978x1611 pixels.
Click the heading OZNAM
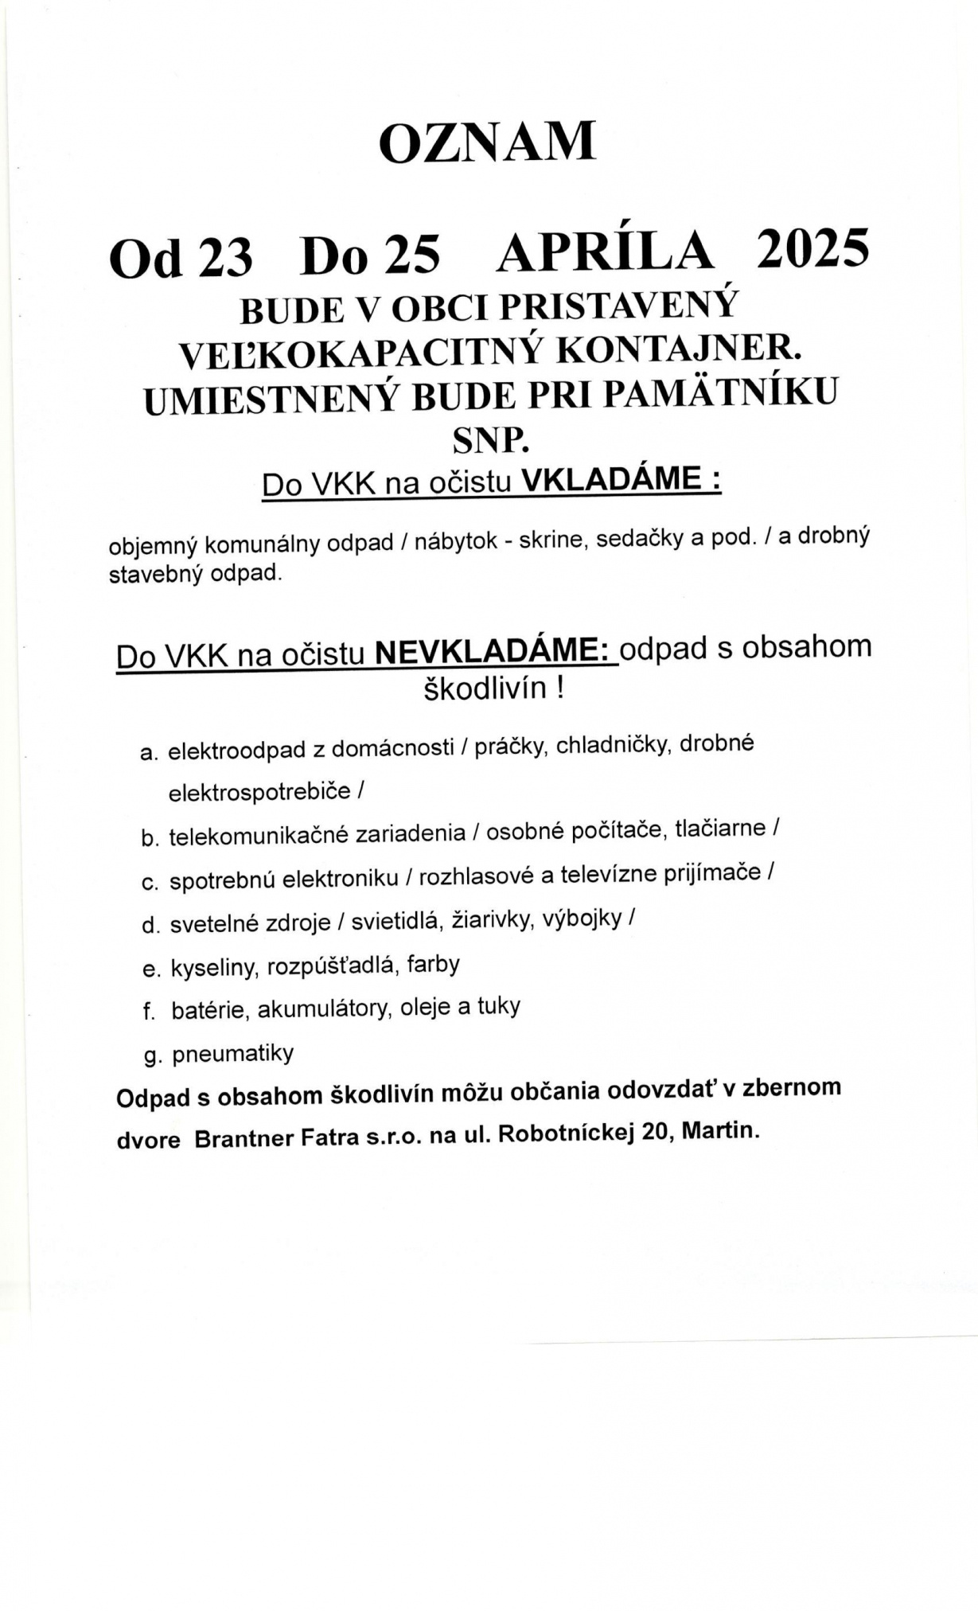tap(487, 143)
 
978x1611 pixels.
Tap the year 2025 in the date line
tap(812, 249)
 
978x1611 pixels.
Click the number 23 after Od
tap(225, 259)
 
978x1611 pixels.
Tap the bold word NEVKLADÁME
tap(493, 652)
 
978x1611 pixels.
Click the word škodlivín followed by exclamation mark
tap(485, 688)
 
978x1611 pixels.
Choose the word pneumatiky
tap(233, 1054)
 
